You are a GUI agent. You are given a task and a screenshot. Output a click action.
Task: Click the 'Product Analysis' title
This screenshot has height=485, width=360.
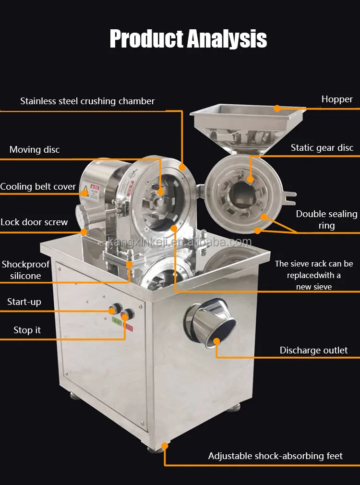188,39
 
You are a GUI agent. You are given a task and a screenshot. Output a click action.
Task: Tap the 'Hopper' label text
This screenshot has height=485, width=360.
337,99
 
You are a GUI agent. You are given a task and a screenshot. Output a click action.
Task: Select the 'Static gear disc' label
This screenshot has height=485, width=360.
322,148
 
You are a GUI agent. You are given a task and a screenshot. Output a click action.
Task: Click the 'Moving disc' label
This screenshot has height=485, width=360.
35,150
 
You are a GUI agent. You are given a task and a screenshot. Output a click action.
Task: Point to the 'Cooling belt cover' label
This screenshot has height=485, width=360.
38,187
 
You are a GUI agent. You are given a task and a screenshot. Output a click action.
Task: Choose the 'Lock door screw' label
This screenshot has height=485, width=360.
34,222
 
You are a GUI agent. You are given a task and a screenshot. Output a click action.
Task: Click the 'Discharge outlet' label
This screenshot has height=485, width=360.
313,351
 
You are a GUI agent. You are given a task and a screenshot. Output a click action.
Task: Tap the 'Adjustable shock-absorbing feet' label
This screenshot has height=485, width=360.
275,456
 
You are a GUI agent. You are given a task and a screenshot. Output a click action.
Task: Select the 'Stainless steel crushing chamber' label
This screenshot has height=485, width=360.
87,101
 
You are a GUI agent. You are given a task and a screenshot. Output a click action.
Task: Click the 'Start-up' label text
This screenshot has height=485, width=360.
24,302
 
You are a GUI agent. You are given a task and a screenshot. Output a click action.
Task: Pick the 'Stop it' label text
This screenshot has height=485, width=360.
27,330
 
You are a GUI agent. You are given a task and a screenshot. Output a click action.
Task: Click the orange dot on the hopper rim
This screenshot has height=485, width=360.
277,108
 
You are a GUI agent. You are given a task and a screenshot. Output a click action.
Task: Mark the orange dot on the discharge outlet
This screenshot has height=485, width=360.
217,341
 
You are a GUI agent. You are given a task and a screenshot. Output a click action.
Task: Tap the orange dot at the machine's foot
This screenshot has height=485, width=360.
165,446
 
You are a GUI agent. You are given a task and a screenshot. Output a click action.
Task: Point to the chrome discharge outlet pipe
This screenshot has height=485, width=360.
210,322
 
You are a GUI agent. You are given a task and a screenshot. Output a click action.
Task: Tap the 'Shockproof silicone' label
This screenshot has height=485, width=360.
25,270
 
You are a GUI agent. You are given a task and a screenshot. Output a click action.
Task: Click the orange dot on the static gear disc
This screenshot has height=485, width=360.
250,179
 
